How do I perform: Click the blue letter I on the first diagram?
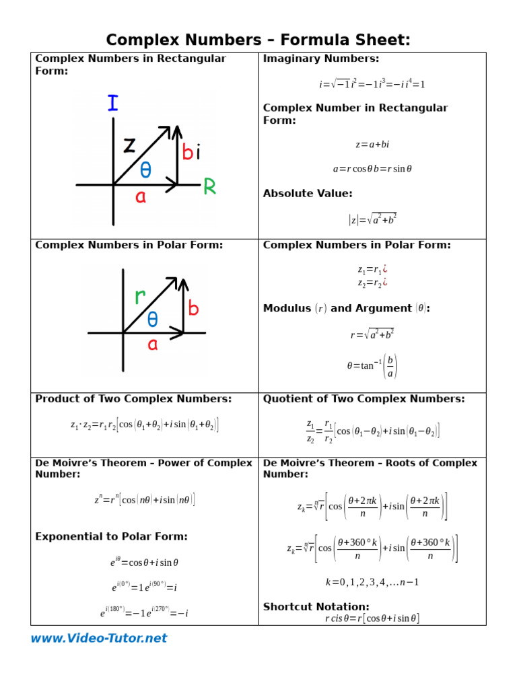[x=112, y=103]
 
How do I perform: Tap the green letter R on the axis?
[x=210, y=187]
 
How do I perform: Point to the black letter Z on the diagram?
[x=130, y=144]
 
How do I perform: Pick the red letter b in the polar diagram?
[x=194, y=309]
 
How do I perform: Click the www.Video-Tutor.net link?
[x=98, y=638]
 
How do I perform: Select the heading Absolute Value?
[x=307, y=194]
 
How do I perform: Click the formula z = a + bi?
[x=372, y=145]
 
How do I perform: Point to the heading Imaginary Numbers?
[x=320, y=59]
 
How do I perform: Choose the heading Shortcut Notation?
[x=316, y=606]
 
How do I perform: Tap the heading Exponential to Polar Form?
[x=111, y=536]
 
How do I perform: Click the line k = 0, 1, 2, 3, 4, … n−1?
[x=372, y=582]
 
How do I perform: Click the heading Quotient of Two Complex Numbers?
[x=364, y=399]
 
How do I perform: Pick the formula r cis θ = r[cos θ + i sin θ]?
[x=372, y=618]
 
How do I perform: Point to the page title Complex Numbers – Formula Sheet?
[x=258, y=40]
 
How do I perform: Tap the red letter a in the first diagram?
[x=141, y=197]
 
